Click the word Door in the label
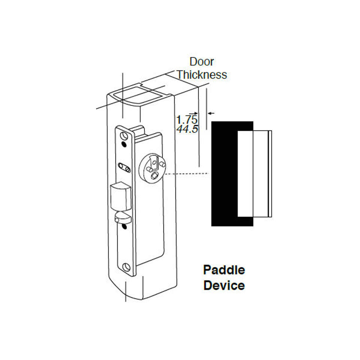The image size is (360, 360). (x=202, y=61)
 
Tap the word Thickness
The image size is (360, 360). (x=202, y=75)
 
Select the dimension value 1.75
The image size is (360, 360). (x=187, y=120)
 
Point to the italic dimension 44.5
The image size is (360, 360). (x=187, y=129)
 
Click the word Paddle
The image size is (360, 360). (x=224, y=270)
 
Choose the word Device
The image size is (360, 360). (x=224, y=285)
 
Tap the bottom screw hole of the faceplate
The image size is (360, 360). (x=127, y=267)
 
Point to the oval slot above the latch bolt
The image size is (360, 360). (x=124, y=167)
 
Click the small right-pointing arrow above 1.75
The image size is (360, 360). (x=193, y=113)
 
